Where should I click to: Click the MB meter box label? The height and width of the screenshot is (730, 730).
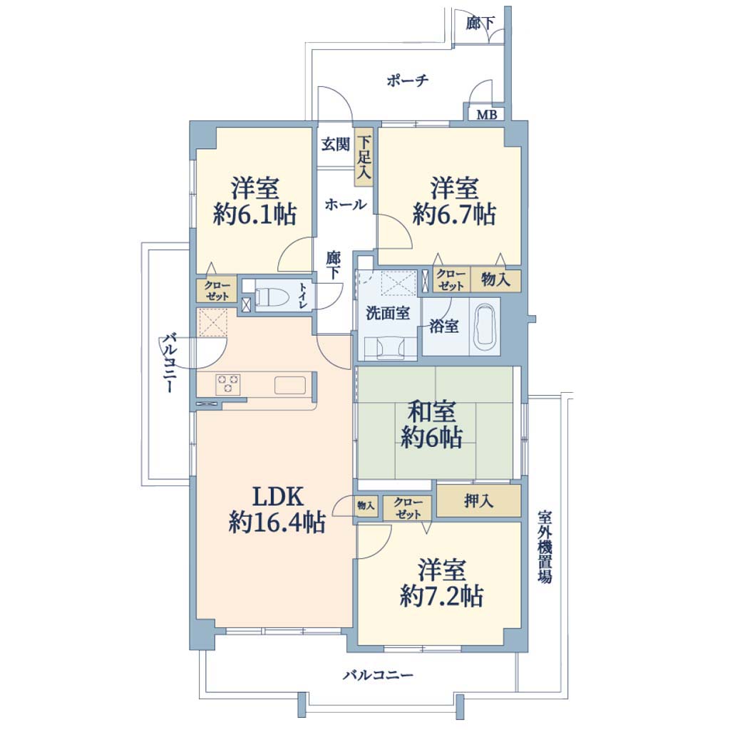486,114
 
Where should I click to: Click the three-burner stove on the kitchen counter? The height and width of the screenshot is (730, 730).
227,384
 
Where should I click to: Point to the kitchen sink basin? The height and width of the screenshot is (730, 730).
290,385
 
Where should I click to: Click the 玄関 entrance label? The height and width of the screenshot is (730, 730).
335,144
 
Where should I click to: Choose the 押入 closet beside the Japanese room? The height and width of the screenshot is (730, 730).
478,500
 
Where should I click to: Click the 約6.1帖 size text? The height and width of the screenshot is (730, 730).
255,215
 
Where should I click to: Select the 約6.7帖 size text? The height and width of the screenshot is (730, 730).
454,215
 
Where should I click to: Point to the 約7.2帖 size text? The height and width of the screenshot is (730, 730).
441,596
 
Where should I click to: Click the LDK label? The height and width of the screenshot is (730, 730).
277,496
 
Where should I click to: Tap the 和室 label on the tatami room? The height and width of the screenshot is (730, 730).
431,412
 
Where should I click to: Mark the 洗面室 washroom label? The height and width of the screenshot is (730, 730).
388,314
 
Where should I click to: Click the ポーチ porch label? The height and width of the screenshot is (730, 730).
407,81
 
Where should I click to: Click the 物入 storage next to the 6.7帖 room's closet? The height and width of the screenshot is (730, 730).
495,279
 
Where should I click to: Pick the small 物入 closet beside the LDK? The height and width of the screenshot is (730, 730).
366,505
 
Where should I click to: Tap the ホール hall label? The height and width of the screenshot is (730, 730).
346,205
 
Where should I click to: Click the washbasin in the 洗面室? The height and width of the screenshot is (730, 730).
390,348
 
